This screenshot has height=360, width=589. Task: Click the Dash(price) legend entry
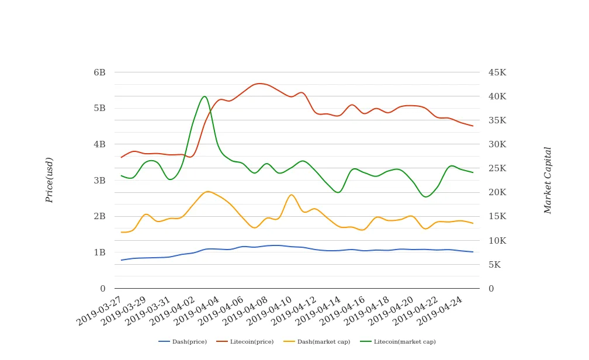point(183,342)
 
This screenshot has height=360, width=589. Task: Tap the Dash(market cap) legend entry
point(316,342)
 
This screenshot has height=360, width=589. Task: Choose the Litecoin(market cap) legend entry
point(397,342)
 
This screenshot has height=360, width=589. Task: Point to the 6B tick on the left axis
point(99,72)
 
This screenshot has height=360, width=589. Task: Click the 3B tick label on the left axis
point(99,181)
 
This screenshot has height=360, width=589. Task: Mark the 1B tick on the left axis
point(99,252)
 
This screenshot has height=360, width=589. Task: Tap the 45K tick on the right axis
point(497,72)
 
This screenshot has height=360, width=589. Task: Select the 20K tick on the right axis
point(497,192)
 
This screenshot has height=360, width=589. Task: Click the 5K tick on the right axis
point(494,265)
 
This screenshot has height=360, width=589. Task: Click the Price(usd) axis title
point(50,180)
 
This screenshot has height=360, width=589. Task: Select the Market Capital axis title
point(548,180)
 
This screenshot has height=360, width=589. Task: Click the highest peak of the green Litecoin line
point(205,96)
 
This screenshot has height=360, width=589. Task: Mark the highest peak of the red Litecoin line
point(260,84)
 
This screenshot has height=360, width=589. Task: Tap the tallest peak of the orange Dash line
point(208,191)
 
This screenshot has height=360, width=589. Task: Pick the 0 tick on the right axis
point(491,289)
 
